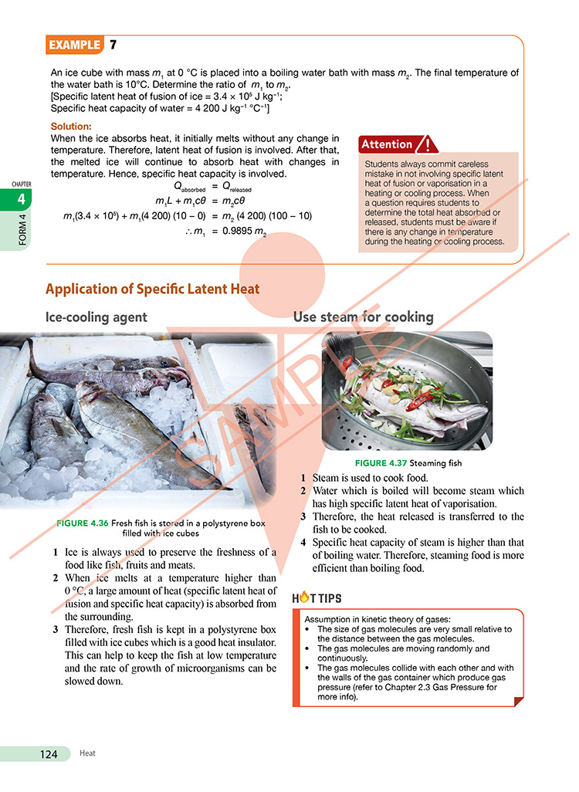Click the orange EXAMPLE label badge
click(x=74, y=45)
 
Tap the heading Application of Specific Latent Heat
click(x=153, y=289)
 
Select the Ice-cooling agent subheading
click(x=96, y=316)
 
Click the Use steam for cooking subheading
click(x=363, y=316)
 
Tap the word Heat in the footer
click(x=87, y=754)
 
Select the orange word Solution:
click(x=71, y=126)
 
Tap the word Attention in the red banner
click(x=388, y=144)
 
